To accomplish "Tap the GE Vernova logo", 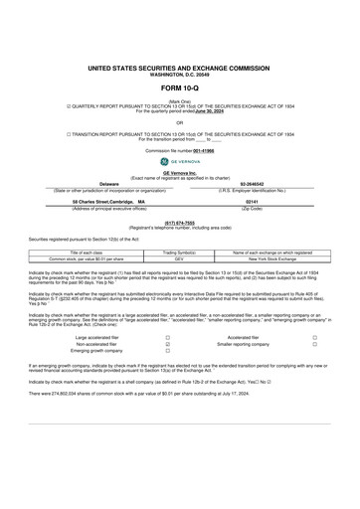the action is pyautogui.click(x=179, y=162).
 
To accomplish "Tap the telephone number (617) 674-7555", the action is pyautogui.click(x=179, y=222).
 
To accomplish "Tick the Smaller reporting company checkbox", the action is pyautogui.click(x=314, y=345).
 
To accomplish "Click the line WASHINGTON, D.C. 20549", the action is pyautogui.click(x=180, y=75).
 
